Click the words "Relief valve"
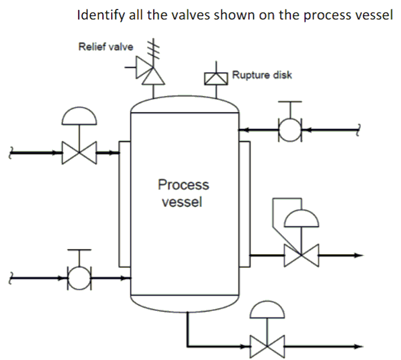coord(106,47)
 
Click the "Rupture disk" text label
coord(262,75)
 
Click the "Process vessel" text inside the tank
coord(183,193)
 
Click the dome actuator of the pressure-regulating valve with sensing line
coord(301,219)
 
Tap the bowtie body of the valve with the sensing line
coord(301,255)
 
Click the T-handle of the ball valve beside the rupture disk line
coord(289,103)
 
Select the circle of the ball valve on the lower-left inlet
coord(79,277)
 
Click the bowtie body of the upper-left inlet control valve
coord(80,154)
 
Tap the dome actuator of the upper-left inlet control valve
coord(80,115)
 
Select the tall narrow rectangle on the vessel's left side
coord(124,203)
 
